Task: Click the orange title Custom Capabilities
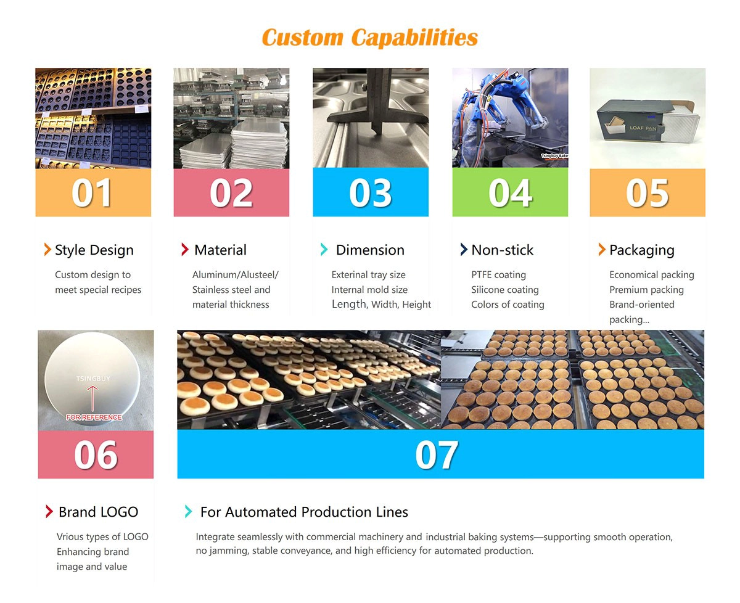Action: coord(369,37)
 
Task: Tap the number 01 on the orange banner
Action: coord(92,193)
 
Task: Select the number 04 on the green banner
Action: coord(510,193)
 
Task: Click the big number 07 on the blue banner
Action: coord(437,454)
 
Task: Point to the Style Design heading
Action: coord(94,250)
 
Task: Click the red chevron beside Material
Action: coord(185,249)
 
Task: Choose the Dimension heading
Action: coord(370,250)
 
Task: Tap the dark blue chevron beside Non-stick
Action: coord(464,249)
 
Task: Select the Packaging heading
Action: coord(642,250)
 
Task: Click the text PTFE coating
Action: coord(498,275)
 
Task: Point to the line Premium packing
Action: coord(646,290)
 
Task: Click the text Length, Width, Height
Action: coord(381,305)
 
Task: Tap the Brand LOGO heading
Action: coord(98,512)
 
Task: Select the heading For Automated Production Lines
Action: coord(304,512)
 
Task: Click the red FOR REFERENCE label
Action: coord(94,417)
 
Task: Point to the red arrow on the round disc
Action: coord(92,398)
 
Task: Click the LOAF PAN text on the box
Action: coord(643,128)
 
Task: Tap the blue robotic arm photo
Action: coord(510,118)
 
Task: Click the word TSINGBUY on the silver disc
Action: coord(93,379)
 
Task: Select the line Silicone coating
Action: coord(505,290)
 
